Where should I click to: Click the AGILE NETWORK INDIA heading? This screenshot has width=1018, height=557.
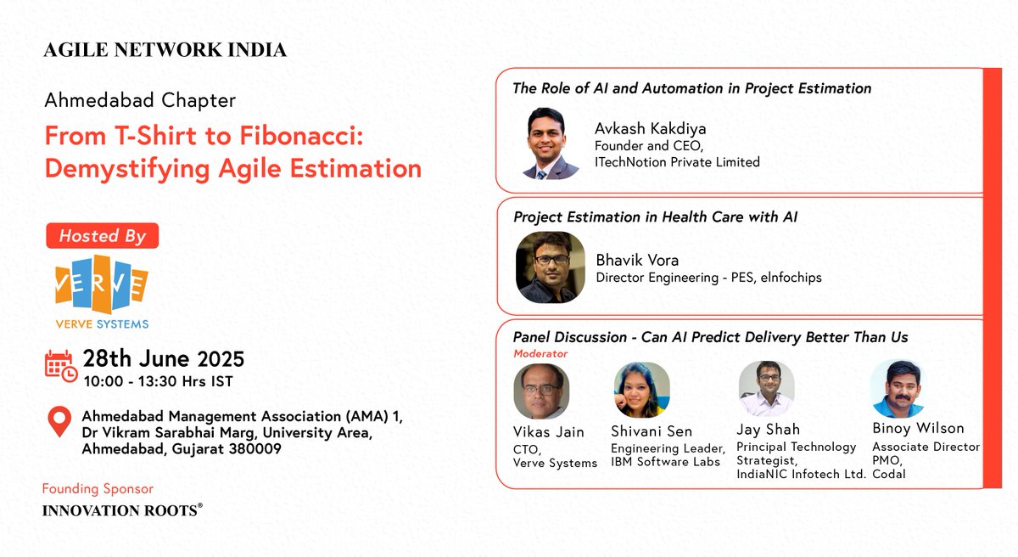tap(165, 50)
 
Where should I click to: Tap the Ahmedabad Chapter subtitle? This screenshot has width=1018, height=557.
tap(140, 100)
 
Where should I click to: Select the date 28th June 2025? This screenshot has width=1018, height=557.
tap(163, 358)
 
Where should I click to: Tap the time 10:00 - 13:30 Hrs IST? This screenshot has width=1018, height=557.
tap(157, 381)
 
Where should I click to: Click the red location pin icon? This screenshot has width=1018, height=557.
tap(59, 422)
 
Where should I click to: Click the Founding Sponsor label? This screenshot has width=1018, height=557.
tap(98, 489)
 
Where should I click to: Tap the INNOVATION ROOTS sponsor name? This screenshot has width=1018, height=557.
tap(122, 510)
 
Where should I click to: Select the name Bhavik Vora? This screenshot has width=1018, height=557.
tap(637, 260)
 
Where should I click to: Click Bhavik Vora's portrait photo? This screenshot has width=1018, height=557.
tap(551, 267)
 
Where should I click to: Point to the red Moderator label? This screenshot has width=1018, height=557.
tap(540, 353)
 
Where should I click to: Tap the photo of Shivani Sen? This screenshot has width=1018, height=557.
tap(642, 390)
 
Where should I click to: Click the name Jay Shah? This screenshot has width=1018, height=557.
tap(768, 429)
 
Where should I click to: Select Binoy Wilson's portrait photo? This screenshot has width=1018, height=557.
tap(897, 388)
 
